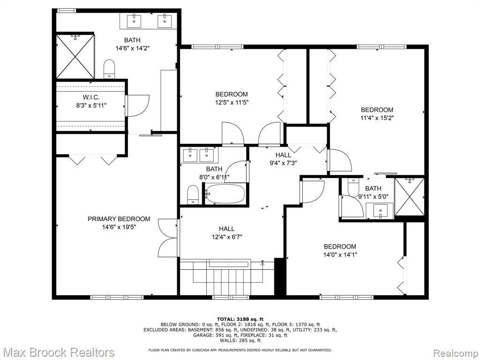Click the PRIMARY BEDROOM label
(119, 219)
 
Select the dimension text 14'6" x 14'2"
(133, 48)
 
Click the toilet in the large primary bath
(109, 69)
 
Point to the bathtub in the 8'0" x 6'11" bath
(225, 194)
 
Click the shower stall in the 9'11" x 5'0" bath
(409, 197)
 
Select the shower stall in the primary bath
(75, 56)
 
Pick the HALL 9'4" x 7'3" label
(283, 159)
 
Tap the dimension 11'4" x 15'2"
(377, 118)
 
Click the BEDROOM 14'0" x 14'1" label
(340, 250)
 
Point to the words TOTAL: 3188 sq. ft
(240, 319)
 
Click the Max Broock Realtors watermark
(58, 352)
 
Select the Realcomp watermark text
(456, 352)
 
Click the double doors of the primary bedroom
(168, 238)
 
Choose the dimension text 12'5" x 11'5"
(232, 102)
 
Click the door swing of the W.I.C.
(137, 105)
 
